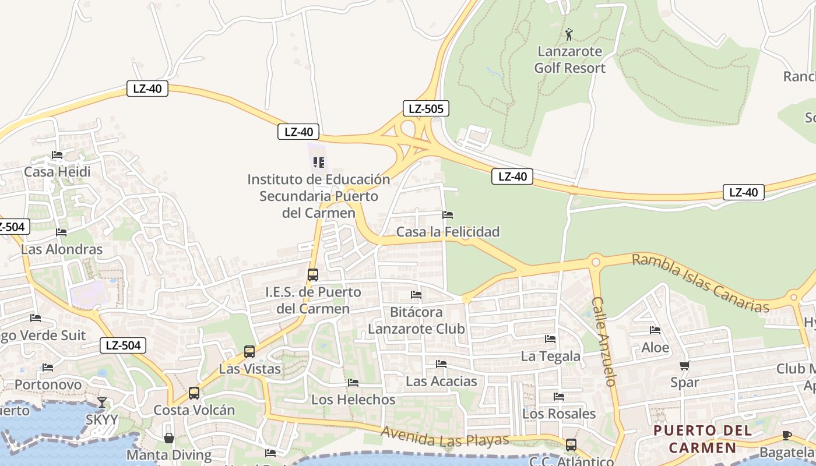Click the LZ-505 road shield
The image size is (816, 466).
(426, 108)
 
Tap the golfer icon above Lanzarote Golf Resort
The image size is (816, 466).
(569, 34)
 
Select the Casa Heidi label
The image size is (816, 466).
(57, 172)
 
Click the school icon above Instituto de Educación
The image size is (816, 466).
(318, 163)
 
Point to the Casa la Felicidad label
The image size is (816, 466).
(448, 232)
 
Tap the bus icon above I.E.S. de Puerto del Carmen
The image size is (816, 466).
(313, 274)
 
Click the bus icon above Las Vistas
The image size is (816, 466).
(249, 352)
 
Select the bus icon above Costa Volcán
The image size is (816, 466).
(194, 393)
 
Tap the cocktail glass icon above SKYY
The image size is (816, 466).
(102, 403)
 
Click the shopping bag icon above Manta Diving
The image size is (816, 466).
(169, 438)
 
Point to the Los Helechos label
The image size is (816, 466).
(353, 400)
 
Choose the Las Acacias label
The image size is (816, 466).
(441, 382)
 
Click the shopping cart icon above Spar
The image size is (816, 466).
(684, 366)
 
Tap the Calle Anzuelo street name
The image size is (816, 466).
(604, 341)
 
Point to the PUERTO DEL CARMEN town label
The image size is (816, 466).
(702, 439)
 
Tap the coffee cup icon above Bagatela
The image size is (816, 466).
(786, 435)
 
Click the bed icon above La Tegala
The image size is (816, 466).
(550, 339)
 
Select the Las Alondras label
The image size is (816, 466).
(62, 249)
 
